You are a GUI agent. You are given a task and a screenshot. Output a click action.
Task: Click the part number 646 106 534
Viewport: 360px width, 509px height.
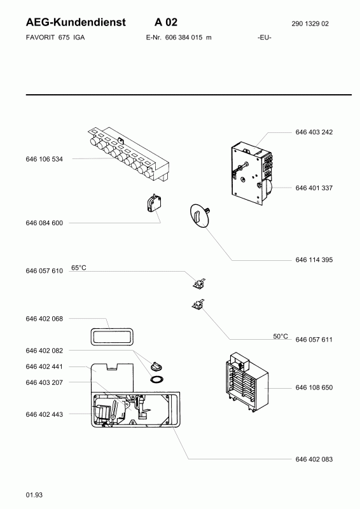pyautogui.click(x=44, y=159)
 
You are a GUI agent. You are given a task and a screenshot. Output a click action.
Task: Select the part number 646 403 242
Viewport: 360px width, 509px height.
pyautogui.click(x=314, y=132)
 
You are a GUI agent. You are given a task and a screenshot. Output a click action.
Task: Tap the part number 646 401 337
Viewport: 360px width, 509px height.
pyautogui.click(x=314, y=188)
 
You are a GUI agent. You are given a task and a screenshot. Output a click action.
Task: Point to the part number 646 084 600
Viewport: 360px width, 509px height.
pyautogui.click(x=44, y=223)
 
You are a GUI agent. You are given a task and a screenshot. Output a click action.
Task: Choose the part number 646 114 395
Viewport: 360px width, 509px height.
pyautogui.click(x=314, y=260)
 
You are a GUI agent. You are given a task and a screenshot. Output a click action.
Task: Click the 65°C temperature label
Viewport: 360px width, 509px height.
pyautogui.click(x=79, y=268)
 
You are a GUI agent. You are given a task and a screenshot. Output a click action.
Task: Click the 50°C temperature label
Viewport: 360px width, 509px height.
pyautogui.click(x=280, y=337)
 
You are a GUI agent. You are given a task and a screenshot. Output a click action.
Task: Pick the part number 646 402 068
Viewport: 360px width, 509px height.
pyautogui.click(x=44, y=319)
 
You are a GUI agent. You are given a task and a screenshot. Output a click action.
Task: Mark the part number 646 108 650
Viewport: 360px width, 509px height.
pyautogui.click(x=314, y=387)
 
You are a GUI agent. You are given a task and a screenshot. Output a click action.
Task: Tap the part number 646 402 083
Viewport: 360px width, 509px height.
pyautogui.click(x=314, y=459)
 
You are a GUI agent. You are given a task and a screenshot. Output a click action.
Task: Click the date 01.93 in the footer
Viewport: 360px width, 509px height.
pyautogui.click(x=34, y=495)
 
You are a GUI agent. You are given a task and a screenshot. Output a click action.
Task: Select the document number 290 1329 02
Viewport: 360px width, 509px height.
pyautogui.click(x=310, y=24)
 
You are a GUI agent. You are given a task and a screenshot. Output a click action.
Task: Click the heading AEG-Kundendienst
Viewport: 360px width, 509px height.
pyautogui.click(x=76, y=22)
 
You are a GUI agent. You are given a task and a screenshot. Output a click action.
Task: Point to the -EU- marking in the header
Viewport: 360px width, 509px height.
pyautogui.click(x=265, y=38)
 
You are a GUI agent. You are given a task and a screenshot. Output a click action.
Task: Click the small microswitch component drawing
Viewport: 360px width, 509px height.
pyautogui.click(x=154, y=203)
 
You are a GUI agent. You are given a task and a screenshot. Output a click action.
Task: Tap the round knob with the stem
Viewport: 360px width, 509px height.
pyautogui.click(x=200, y=214)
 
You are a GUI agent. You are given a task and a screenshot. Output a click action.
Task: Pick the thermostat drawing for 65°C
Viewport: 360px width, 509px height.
pyautogui.click(x=198, y=284)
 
